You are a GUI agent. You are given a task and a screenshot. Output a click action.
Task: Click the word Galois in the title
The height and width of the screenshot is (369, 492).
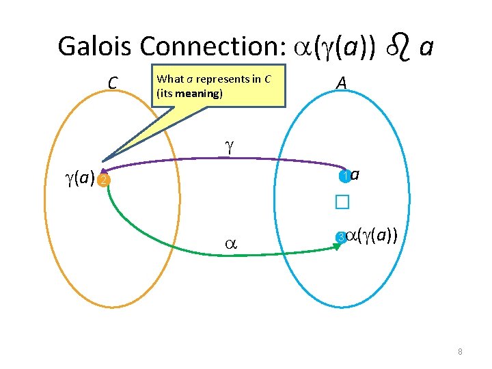(96, 46)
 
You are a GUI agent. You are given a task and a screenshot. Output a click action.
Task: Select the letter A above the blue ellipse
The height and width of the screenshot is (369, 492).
(342, 83)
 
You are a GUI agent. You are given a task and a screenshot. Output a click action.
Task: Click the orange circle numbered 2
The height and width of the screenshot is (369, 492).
(102, 180)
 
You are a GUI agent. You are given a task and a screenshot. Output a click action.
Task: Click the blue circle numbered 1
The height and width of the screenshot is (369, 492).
(345, 176)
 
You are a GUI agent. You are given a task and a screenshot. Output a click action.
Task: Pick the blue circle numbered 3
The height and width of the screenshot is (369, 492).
(340, 238)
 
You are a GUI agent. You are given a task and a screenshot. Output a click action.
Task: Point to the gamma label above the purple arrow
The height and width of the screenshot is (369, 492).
(229, 145)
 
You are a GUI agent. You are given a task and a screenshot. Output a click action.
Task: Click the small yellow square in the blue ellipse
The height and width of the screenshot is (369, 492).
(342, 202)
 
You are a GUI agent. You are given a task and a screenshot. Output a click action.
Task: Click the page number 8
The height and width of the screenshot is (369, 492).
(460, 352)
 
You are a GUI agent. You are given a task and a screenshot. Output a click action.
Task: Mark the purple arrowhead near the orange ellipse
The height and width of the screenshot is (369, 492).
(104, 171)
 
